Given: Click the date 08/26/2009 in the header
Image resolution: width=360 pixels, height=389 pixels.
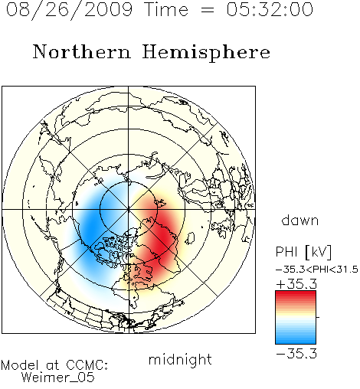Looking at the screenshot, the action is point(70,9).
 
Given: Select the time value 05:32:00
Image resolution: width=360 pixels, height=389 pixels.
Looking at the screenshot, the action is point(270,9).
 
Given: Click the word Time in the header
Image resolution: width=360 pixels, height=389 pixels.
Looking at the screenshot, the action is point(166,9).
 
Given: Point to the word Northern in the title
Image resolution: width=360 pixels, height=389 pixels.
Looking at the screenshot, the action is point(81,52).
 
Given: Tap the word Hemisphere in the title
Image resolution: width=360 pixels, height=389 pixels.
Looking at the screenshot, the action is point(206,52).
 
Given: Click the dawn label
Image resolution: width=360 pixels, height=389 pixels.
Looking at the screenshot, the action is point(300,220).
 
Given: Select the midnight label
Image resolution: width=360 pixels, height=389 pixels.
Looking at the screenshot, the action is point(180,360).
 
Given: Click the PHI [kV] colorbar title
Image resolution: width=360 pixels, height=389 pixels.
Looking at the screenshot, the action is point(303,252).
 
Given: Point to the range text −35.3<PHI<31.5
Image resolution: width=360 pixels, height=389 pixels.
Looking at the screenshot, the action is point(317,270).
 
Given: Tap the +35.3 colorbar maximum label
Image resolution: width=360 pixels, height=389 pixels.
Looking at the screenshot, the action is point(296,284).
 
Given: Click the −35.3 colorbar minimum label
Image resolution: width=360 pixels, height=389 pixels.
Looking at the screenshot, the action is point(296,354).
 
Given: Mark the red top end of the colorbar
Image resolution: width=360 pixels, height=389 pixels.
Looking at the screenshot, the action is point(296,293).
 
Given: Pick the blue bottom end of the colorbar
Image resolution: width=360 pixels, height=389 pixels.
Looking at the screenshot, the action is point(296,342).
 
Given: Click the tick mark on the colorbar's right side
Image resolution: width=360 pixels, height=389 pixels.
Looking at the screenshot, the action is point(318,317).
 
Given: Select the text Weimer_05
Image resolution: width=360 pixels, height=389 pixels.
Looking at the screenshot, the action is point(57,378).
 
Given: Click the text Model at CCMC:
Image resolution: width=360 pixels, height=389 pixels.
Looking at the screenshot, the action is point(54,365).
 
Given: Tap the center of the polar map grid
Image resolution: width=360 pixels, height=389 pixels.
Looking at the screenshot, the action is point(129,210).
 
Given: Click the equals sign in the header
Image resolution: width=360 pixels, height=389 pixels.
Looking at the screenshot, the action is point(208,10).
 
